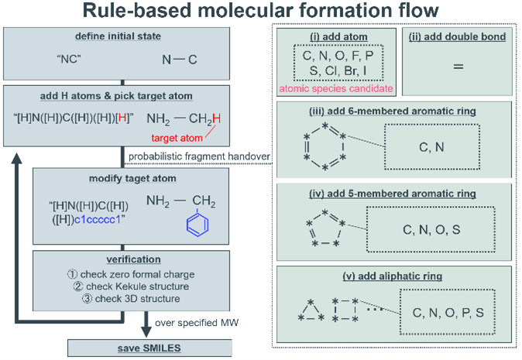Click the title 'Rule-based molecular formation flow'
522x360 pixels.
click(x=260, y=14)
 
